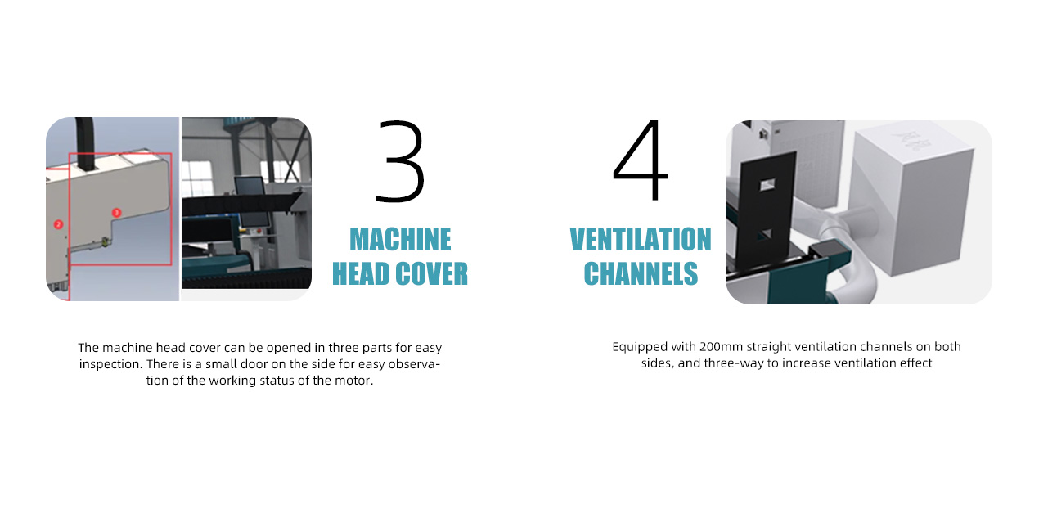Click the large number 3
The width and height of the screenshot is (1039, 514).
400,161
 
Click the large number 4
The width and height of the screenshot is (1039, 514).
640,160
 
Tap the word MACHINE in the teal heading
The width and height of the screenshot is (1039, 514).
400,239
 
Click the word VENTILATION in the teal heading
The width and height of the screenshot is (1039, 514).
641,239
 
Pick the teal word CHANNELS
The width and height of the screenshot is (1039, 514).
641,273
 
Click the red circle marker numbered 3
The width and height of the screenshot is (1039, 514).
116,213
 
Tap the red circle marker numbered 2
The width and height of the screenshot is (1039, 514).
58,224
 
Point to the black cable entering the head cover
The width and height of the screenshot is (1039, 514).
84,144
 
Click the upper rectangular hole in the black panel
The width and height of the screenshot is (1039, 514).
767,185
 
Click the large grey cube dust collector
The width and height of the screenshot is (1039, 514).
911,201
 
